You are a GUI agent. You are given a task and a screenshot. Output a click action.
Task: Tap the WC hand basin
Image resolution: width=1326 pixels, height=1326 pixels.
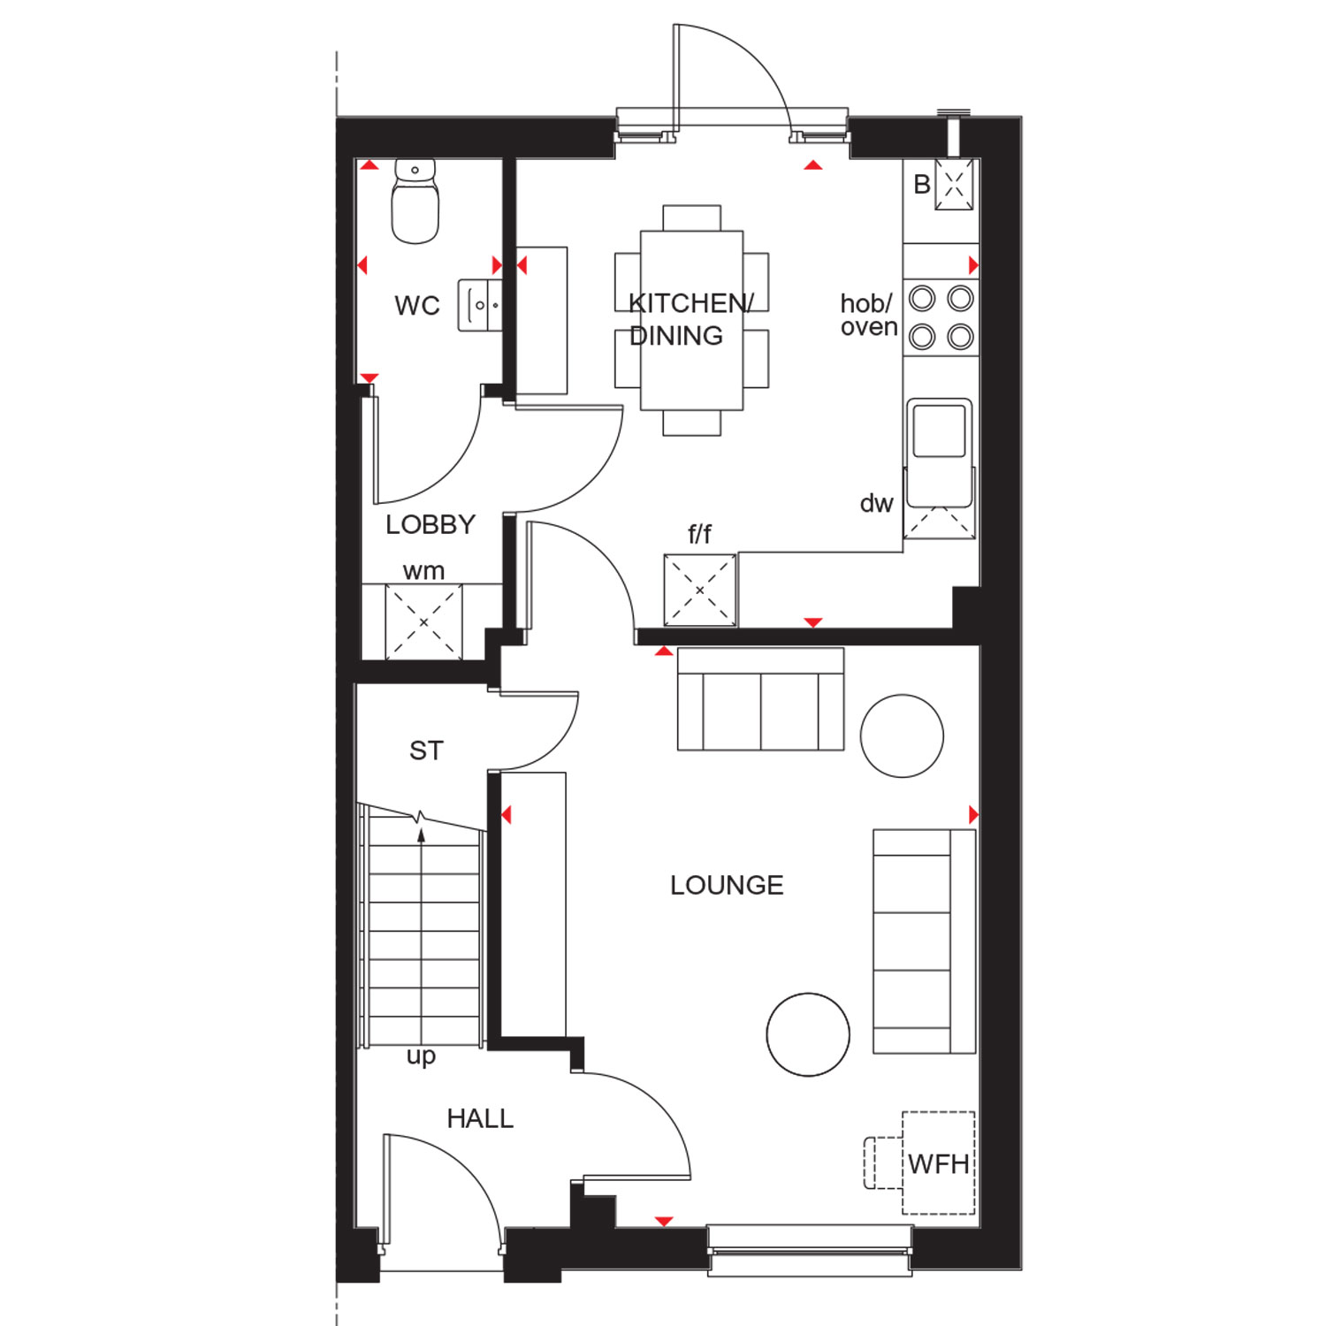[480, 305]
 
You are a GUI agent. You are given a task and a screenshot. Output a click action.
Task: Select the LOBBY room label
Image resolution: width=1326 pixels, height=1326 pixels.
[431, 524]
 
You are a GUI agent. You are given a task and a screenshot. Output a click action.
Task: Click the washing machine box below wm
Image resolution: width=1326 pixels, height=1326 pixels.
[423, 622]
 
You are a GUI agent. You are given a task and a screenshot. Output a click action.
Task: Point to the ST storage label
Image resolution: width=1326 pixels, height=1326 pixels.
[426, 751]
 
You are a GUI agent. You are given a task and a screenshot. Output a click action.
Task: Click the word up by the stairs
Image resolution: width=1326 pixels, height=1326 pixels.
[421, 1056]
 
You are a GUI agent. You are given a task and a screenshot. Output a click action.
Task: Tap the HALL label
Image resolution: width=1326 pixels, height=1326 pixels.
[480, 1118]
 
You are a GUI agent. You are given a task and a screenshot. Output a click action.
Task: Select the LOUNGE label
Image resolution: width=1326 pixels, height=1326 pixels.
[727, 885]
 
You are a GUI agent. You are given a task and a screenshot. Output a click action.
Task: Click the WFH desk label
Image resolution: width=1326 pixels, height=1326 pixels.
[939, 1164]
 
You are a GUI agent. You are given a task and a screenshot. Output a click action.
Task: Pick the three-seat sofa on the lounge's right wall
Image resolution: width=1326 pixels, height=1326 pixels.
[925, 941]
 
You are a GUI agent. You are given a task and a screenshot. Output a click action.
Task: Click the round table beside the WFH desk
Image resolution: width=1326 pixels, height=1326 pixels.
[808, 1034]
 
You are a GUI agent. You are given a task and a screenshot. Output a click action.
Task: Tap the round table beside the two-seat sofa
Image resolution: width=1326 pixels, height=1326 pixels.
[902, 735]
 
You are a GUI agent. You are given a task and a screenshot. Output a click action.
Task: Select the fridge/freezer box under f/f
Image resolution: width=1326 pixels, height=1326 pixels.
[700, 591]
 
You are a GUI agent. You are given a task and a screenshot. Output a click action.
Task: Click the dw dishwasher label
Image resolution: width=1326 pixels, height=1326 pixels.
[876, 503]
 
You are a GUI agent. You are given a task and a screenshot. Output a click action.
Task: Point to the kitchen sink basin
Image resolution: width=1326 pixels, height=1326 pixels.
[939, 431]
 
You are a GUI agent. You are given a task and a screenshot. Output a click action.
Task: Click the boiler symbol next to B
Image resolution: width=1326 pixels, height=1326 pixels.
[955, 185]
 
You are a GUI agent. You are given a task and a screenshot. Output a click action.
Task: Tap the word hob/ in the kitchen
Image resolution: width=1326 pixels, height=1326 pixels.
[866, 304]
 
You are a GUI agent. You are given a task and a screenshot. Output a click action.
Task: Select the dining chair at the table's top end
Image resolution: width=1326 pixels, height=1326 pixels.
[692, 217]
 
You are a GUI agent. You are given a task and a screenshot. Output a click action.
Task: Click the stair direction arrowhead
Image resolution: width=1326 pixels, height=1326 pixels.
[422, 834]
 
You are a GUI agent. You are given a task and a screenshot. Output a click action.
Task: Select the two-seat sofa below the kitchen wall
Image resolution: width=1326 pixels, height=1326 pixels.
[761, 699]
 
